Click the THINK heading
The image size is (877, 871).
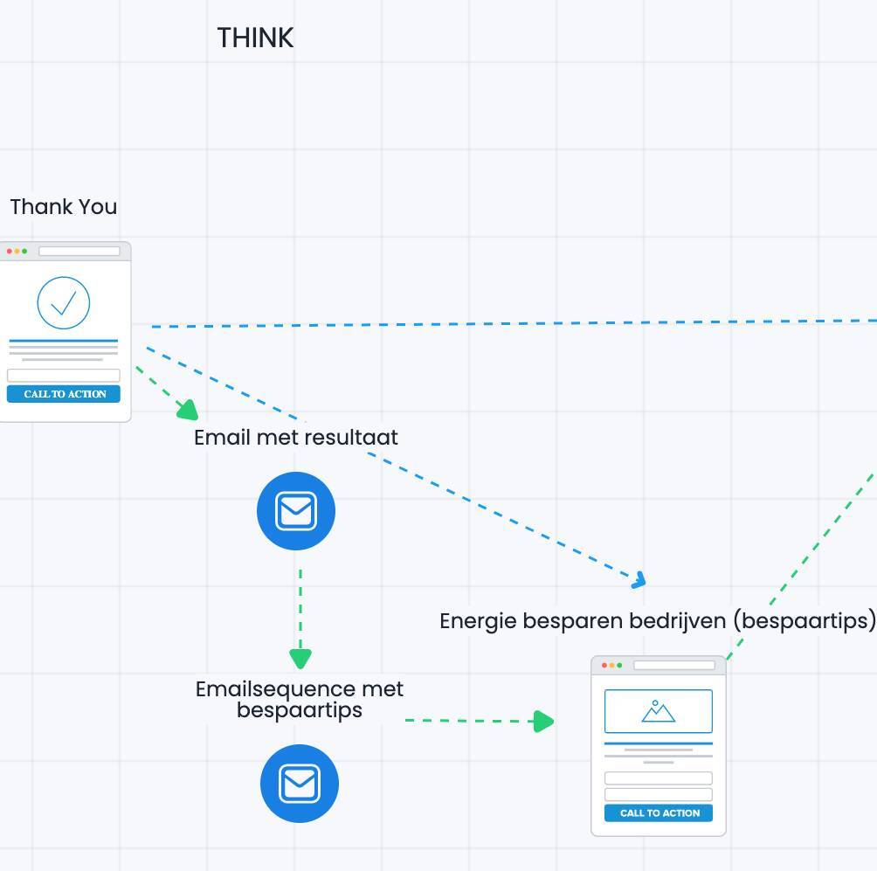(x=255, y=38)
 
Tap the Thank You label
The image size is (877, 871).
(x=64, y=207)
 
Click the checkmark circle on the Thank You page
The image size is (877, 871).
(x=64, y=303)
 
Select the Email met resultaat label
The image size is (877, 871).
(x=296, y=437)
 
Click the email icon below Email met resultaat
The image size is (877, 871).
(x=296, y=511)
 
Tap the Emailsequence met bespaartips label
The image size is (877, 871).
(x=300, y=699)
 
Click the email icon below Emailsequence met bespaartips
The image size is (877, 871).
(x=300, y=784)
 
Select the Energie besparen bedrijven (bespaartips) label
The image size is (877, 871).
(x=657, y=620)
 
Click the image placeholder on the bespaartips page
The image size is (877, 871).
(x=659, y=711)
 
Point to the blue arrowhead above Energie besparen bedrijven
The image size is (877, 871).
(x=639, y=579)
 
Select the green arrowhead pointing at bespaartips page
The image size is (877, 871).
(x=543, y=721)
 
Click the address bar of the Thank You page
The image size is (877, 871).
(x=79, y=252)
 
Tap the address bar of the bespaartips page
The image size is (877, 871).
(x=673, y=666)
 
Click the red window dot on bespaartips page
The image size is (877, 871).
(x=604, y=666)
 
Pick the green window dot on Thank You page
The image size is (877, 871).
(x=24, y=252)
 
